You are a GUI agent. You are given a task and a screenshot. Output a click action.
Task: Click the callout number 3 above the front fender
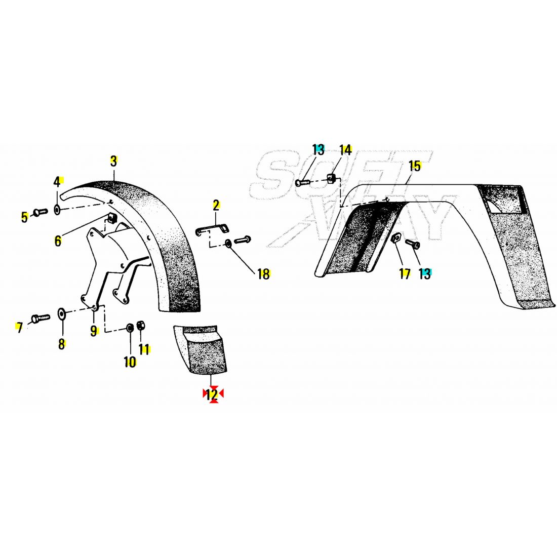point(113,161)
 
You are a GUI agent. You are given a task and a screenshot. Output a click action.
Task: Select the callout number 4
point(57,183)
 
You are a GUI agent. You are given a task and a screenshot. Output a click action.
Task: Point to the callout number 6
point(58,242)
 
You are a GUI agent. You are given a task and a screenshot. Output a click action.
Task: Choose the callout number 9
point(94,331)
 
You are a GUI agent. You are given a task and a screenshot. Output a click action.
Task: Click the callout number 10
point(130,363)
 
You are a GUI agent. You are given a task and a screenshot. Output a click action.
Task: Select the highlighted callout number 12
point(212,394)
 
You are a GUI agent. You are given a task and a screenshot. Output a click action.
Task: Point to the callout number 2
point(216,206)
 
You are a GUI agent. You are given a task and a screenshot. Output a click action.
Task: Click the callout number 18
point(264,274)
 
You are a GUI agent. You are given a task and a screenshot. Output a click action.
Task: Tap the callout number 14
point(345,150)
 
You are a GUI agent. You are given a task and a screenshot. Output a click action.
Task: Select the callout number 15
point(415,166)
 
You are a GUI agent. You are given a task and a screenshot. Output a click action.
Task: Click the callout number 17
point(405,274)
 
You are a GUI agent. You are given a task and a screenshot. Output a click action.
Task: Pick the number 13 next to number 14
point(319,150)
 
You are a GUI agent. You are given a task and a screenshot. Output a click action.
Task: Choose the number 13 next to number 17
point(425,274)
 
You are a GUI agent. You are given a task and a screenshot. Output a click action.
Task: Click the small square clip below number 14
point(332,179)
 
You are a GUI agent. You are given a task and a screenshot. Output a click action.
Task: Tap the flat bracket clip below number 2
point(213,229)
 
